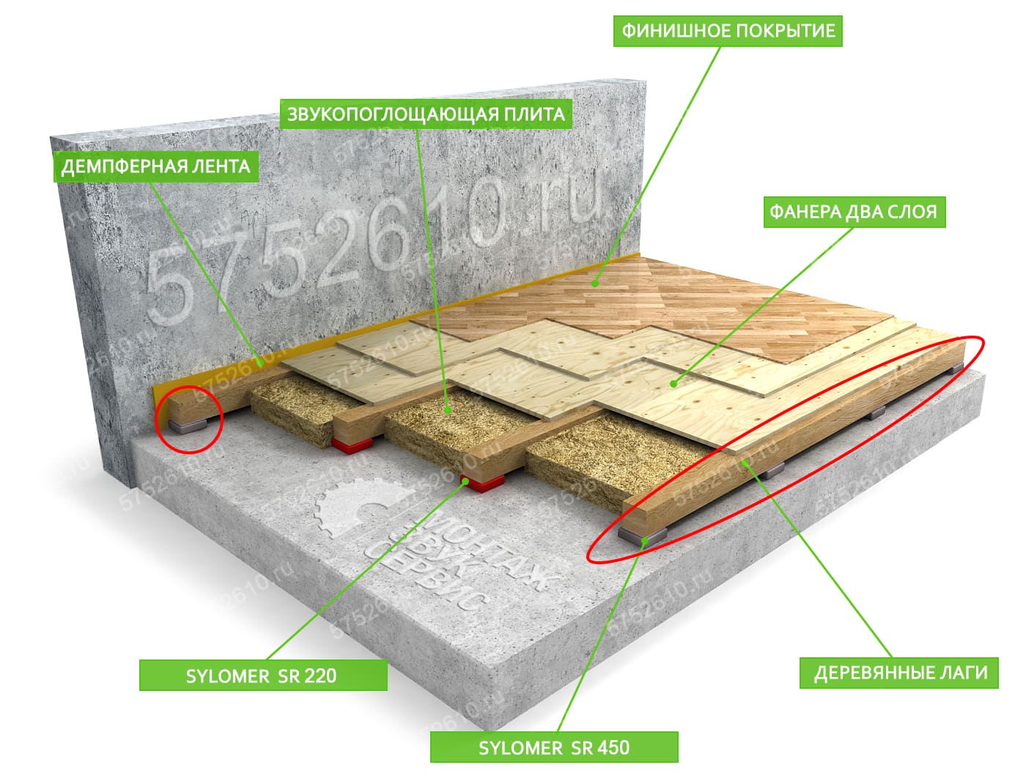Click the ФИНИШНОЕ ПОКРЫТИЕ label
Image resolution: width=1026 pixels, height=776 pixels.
[727, 31]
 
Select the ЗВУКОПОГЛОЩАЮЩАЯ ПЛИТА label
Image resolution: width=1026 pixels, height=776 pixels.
[426, 114]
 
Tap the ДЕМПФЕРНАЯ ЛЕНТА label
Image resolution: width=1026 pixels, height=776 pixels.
[155, 166]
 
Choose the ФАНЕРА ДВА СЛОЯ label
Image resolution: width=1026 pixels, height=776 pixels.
[854, 212]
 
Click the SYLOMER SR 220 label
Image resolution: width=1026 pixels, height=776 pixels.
[263, 676]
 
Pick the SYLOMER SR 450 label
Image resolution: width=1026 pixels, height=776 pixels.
[554, 747]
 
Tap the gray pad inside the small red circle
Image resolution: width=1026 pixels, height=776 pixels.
[187, 426]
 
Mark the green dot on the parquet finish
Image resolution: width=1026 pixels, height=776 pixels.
[595, 283]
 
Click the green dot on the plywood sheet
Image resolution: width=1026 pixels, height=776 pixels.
[673, 384]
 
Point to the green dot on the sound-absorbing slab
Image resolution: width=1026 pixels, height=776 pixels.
[447, 410]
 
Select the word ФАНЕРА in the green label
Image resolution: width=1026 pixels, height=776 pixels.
[804, 212]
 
